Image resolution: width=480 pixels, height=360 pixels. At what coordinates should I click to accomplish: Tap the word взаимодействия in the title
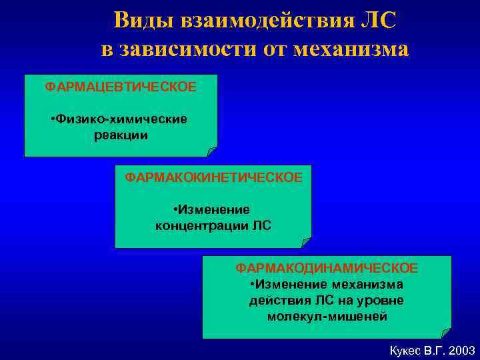(x=264, y=20)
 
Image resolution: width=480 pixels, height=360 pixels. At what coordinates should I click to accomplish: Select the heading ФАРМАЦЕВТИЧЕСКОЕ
(x=121, y=87)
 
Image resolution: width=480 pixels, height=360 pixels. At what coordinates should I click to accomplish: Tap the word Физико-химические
(x=123, y=119)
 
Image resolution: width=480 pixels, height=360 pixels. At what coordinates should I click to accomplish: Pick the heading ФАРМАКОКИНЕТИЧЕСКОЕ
(x=213, y=177)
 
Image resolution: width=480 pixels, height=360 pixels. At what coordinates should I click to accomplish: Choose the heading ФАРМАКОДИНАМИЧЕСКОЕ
(x=327, y=268)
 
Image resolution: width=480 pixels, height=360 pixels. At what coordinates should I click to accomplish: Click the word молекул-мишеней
(x=327, y=317)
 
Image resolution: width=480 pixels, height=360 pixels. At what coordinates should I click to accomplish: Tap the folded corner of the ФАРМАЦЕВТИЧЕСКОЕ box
(x=212, y=151)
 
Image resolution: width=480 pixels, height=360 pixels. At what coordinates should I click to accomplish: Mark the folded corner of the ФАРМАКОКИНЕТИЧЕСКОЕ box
(x=306, y=242)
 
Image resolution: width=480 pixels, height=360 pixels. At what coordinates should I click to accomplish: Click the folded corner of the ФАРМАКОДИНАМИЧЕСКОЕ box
(x=446, y=333)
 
